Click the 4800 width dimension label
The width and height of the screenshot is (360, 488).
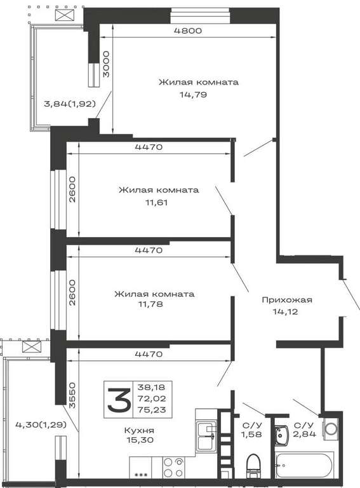(187, 30)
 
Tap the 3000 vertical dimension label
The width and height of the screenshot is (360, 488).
(106, 64)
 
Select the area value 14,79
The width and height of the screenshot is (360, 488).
(193, 95)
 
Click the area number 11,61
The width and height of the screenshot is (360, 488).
(156, 203)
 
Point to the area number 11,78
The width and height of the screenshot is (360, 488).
(150, 304)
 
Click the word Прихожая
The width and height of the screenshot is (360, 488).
(286, 300)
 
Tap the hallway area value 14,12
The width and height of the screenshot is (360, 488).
(285, 311)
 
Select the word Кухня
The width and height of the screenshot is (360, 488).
(139, 430)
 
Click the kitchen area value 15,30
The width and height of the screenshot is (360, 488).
(140, 440)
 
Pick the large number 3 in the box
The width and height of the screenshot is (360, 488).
(119, 400)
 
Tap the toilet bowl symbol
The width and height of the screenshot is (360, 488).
(253, 466)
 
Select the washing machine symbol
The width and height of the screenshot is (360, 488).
(331, 429)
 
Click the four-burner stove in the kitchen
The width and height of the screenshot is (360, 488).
(173, 468)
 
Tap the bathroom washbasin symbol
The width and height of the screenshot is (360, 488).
(282, 436)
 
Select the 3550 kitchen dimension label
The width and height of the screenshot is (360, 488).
(72, 395)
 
